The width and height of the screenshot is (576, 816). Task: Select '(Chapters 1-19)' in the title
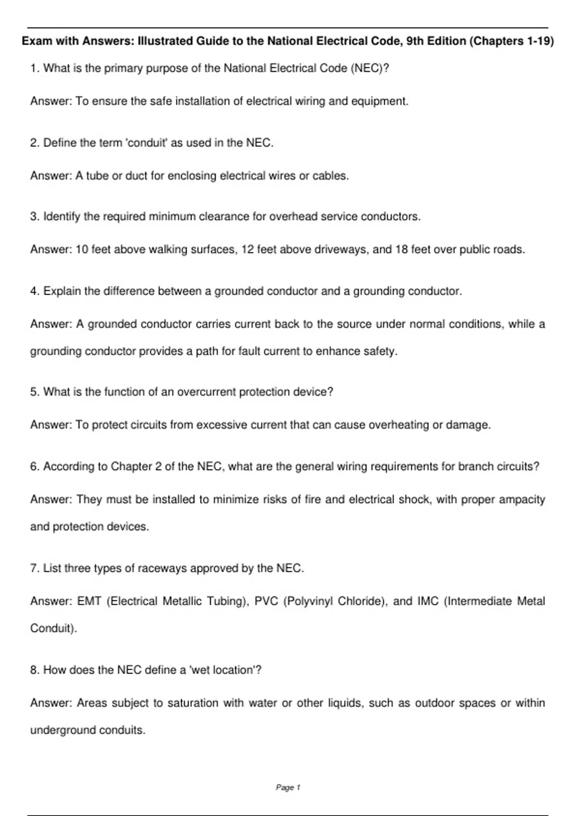[512, 41]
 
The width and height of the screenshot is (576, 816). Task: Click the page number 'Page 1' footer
[288, 787]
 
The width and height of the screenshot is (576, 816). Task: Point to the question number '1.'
[35, 68]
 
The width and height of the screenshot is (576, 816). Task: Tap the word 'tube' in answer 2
[97, 176]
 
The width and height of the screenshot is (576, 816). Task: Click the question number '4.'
[35, 291]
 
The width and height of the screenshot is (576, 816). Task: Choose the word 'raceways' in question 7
[162, 568]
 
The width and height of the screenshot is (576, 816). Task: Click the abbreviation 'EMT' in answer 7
[89, 601]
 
